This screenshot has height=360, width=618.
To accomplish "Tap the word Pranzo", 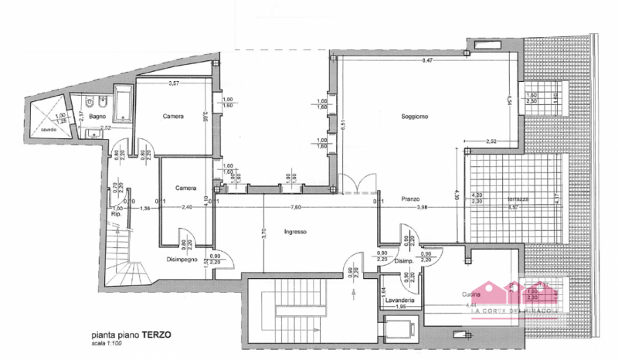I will [x=410, y=199].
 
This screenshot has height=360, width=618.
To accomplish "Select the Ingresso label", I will [x=295, y=231].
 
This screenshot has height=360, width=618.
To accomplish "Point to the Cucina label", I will [x=472, y=294].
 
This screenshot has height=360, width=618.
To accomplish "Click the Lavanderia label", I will [x=400, y=300].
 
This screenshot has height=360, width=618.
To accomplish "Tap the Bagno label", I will [x=97, y=117].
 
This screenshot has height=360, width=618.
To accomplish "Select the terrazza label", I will [x=518, y=200].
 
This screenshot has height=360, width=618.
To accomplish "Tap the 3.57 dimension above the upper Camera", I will [x=175, y=83].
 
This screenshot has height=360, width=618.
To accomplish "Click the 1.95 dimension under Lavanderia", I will [x=401, y=307].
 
